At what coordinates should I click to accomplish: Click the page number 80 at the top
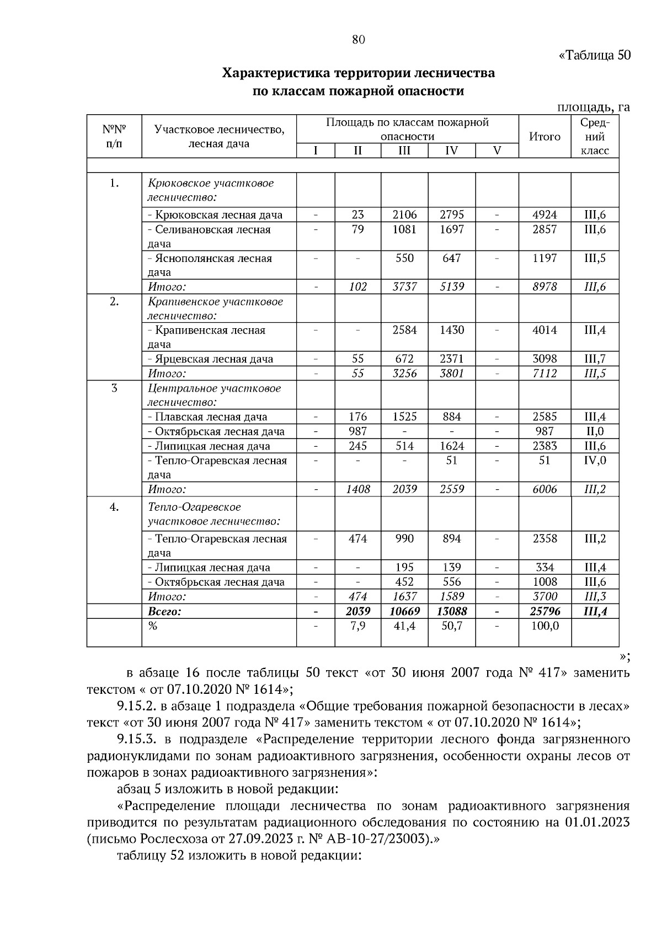coord(358,39)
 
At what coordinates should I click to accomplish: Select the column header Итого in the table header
coord(544,136)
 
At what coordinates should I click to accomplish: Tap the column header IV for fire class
coord(451,151)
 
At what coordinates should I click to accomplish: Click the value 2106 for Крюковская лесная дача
coord(404,215)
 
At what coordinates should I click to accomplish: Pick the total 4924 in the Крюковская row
coord(544,215)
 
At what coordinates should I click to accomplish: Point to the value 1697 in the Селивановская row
coord(451,229)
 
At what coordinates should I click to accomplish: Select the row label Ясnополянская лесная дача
coord(210,265)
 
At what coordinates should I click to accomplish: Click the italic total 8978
coord(544,286)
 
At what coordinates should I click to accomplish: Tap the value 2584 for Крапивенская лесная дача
coord(404,330)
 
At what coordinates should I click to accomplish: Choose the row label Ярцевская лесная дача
coord(210,359)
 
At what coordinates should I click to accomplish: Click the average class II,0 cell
coord(595,431)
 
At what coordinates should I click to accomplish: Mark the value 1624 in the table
coord(451,446)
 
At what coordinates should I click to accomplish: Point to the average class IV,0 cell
coord(595,460)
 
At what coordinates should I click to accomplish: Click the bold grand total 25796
coord(544,611)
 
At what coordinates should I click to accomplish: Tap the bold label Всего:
coord(164,611)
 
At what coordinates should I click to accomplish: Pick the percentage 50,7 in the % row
coord(451,625)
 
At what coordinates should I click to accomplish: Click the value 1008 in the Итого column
coord(544,581)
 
